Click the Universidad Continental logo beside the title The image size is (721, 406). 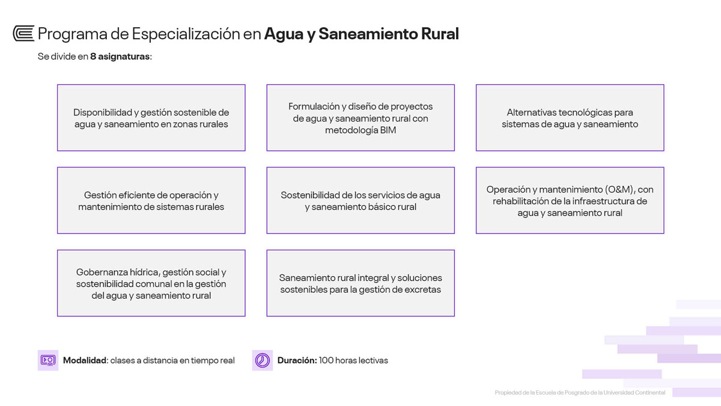click(x=23, y=34)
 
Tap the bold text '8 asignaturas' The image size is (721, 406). click(x=120, y=57)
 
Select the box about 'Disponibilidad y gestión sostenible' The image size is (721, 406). click(x=151, y=118)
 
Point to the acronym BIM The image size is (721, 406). click(x=388, y=130)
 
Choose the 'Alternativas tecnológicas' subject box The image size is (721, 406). click(x=570, y=118)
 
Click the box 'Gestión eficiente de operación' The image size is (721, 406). click(x=151, y=200)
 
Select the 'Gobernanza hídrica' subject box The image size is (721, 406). click(x=151, y=283)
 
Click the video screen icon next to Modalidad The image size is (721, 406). click(x=48, y=360)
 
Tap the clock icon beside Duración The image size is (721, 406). click(x=263, y=360)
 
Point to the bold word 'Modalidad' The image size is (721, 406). click(x=85, y=360)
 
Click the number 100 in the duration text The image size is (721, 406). click(x=326, y=360)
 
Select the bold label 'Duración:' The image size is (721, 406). click(x=297, y=360)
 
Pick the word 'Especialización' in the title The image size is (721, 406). click(x=186, y=34)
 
